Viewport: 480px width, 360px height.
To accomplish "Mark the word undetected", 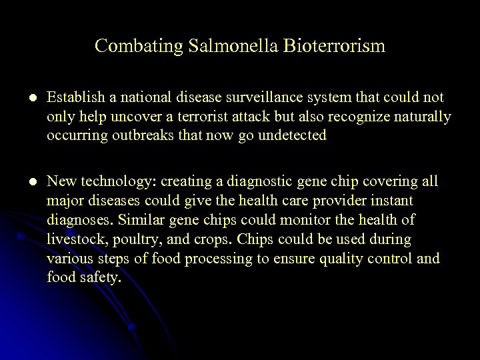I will coord(289,135).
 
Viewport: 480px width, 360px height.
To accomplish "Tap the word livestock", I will coord(73,238).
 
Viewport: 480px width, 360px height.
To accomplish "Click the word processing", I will coord(203,258).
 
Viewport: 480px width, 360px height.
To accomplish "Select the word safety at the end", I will coord(102,277).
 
